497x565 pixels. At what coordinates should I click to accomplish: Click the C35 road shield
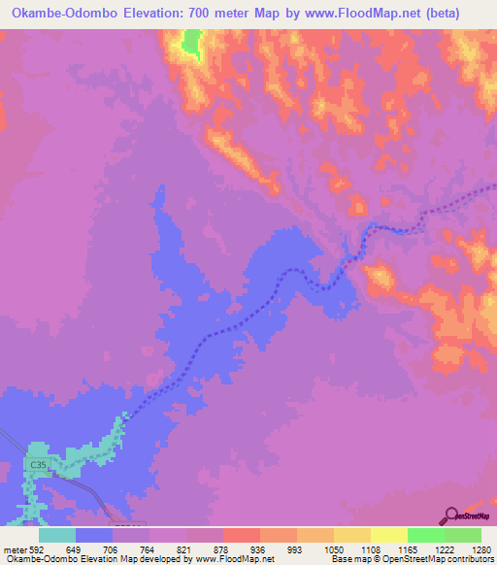tap(38, 466)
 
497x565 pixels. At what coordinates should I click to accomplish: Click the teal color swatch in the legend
tap(57, 536)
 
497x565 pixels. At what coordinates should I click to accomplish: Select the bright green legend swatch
tap(426, 536)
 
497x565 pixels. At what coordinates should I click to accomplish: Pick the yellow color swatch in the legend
tap(389, 536)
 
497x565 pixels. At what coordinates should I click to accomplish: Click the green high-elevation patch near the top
tap(190, 43)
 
